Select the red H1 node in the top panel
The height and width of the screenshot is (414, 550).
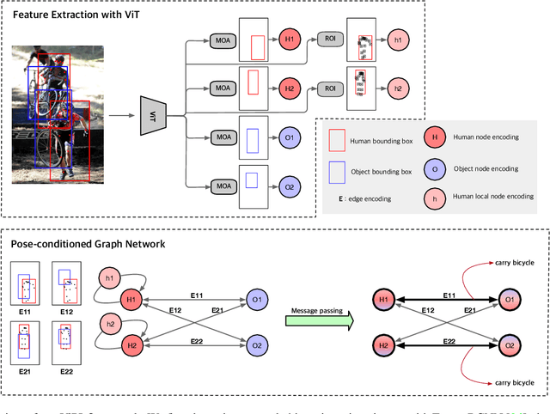[x=289, y=40]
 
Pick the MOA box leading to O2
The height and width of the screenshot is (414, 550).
[x=223, y=184]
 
